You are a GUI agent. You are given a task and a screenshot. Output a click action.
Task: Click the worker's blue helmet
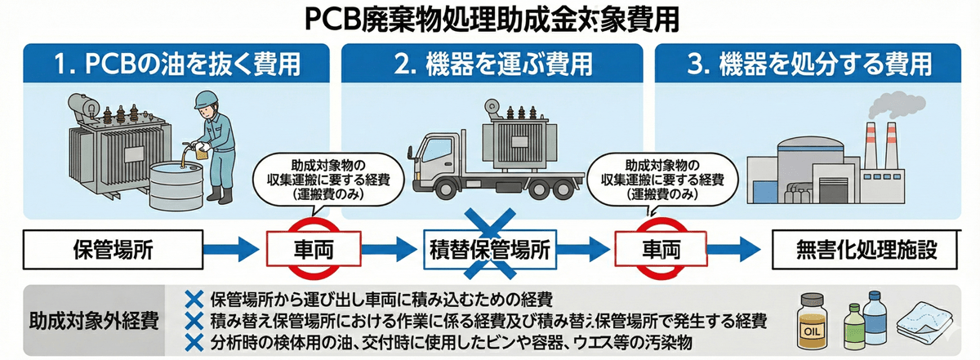point(204,101)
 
